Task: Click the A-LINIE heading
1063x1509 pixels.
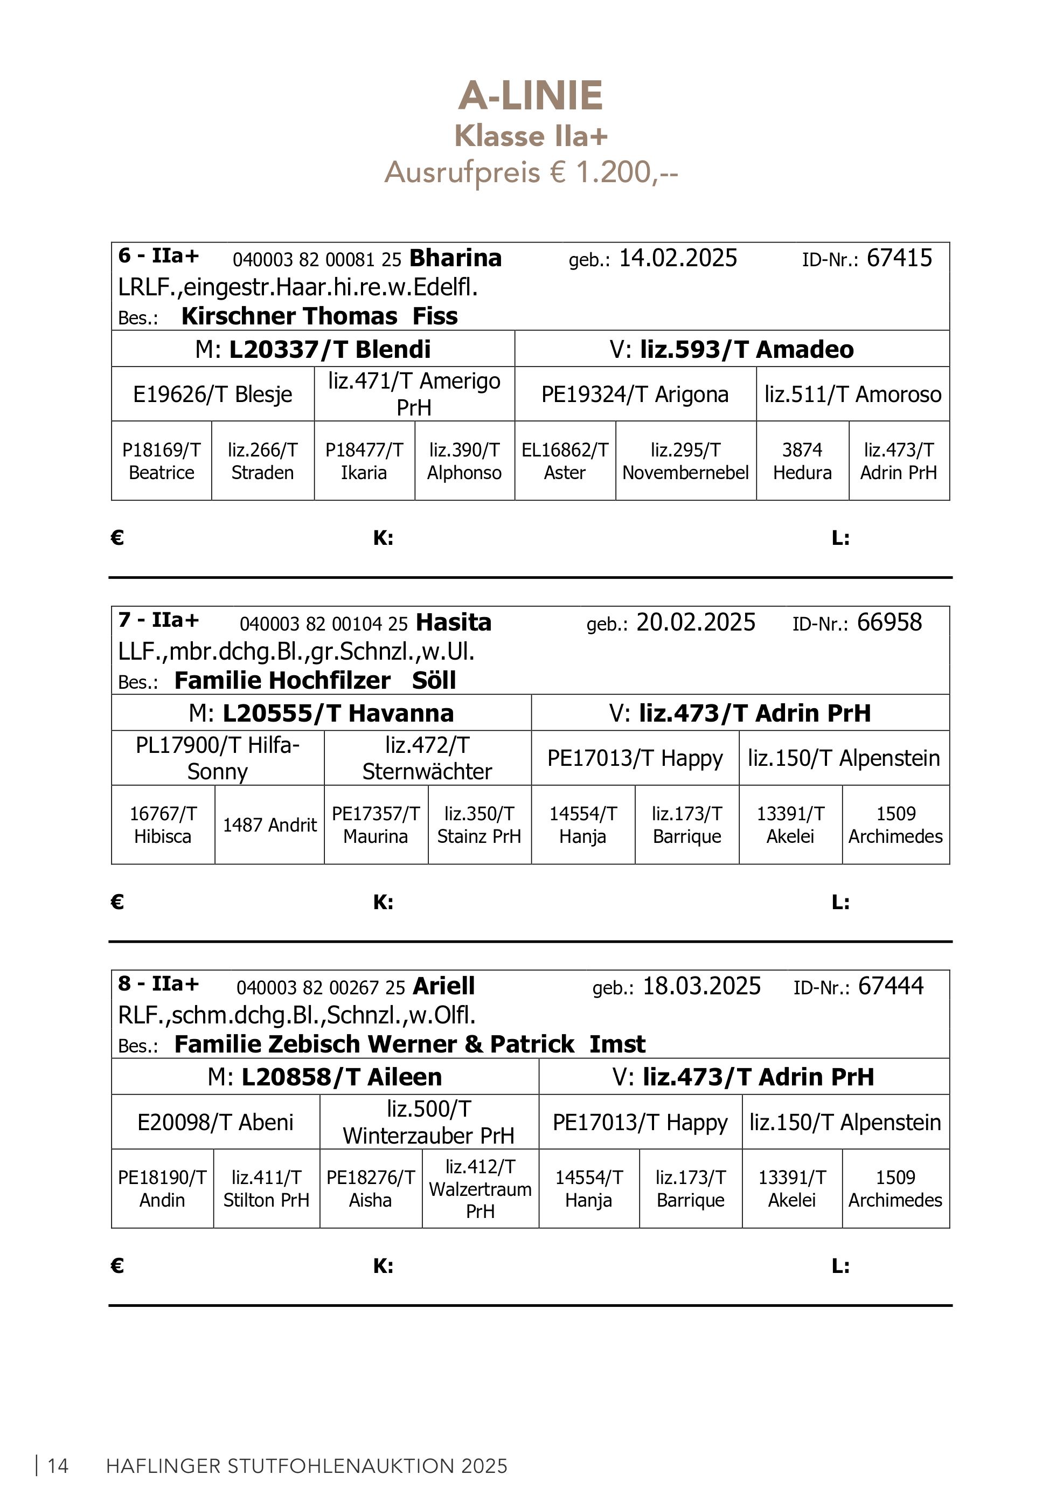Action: point(530,96)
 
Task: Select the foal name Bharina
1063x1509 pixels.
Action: point(455,258)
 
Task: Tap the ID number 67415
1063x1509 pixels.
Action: point(899,258)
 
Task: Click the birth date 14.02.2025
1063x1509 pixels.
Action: point(678,258)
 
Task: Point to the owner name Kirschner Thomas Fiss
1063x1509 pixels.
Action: point(319,317)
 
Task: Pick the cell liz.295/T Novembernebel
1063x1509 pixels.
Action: point(685,461)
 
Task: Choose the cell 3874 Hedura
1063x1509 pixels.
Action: point(802,461)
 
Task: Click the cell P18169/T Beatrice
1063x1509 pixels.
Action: point(162,461)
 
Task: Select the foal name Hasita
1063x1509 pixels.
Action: point(453,622)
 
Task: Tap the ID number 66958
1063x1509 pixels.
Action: point(890,622)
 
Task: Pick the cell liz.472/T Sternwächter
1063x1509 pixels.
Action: point(427,758)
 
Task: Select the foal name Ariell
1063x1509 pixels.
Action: point(443,986)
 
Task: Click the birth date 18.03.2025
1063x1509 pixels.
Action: point(701,986)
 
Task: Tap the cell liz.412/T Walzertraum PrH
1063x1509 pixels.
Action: point(480,1189)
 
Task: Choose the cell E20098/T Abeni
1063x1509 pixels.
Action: point(216,1123)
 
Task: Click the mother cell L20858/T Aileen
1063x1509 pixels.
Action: point(324,1077)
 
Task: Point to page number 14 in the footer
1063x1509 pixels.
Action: point(58,1466)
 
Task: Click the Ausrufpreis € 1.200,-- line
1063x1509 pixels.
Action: point(531,173)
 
